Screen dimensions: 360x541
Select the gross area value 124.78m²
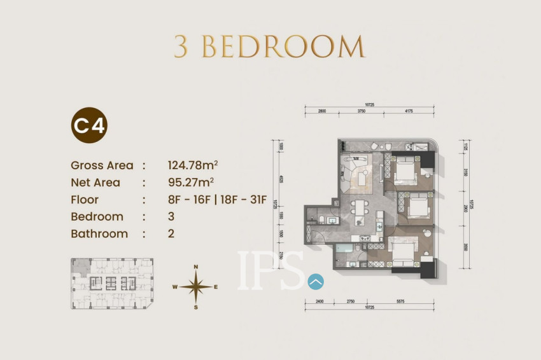tap(193, 165)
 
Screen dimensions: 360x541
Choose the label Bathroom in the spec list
tap(99, 233)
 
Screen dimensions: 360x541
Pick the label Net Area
tap(96, 183)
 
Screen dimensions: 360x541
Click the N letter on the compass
tap(196, 267)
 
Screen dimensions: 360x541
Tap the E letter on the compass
tap(216, 287)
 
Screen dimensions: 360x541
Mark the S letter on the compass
tap(196, 308)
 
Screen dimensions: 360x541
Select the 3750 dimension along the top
tap(362, 111)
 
